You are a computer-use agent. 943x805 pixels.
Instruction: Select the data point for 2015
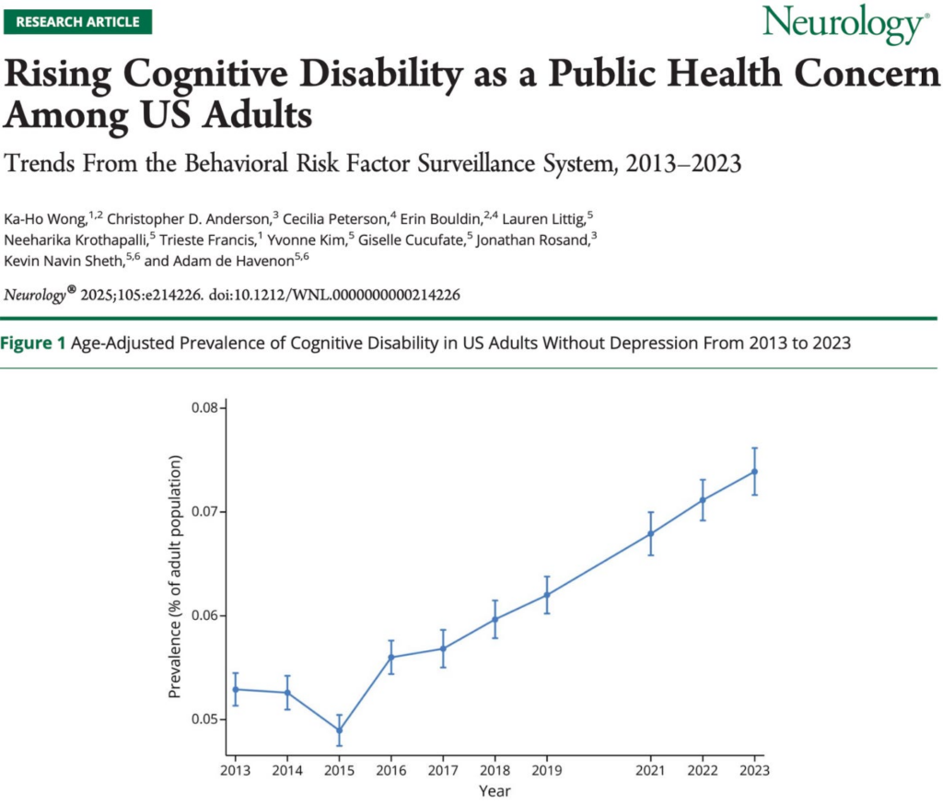tap(339, 730)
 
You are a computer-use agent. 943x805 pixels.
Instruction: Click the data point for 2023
tap(755, 472)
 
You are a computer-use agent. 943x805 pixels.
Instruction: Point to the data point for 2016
tap(391, 657)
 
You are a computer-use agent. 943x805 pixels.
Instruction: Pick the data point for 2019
tap(547, 594)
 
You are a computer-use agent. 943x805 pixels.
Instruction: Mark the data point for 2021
tap(651, 533)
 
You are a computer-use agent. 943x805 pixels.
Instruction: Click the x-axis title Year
tap(495, 790)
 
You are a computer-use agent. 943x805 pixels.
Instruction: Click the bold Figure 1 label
tap(32, 344)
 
